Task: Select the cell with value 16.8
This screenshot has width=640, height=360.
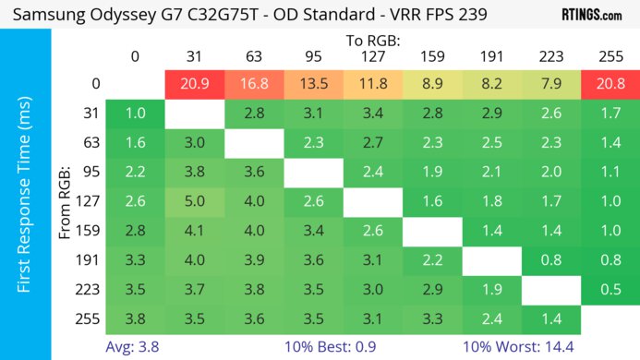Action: click(253, 84)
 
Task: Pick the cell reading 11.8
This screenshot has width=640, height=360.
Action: click(372, 84)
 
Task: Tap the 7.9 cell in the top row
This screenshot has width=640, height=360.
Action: click(549, 84)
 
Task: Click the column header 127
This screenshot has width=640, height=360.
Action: click(372, 55)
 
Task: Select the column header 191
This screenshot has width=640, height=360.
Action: click(490, 55)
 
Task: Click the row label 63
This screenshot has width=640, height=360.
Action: click(90, 143)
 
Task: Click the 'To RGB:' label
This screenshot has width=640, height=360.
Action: click(372, 41)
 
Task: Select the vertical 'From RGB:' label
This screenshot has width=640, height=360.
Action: click(66, 202)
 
